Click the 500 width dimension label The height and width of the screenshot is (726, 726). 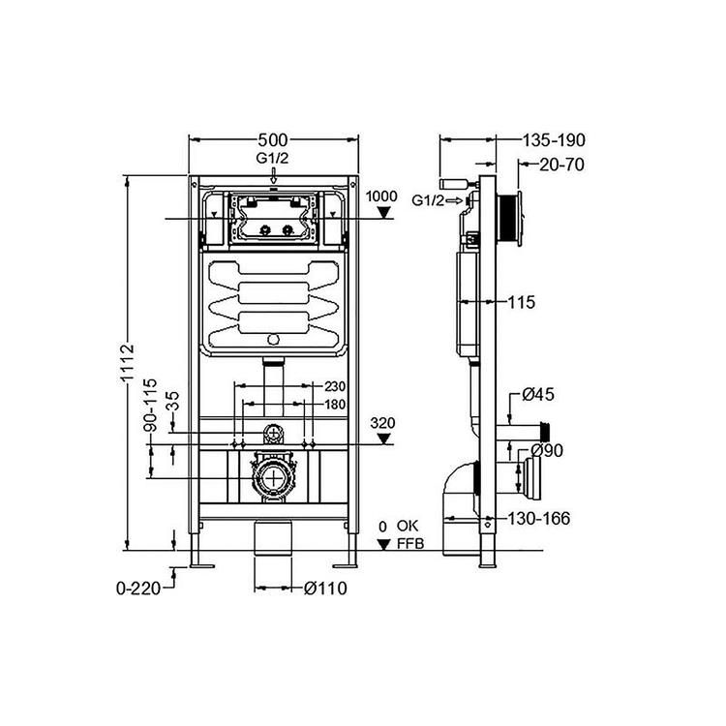coord(273,139)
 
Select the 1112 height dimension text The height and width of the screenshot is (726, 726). coord(127,362)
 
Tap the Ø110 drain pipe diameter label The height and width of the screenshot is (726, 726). coord(325,588)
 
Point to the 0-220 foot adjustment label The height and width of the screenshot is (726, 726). coord(138,589)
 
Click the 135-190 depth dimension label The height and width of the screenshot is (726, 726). coord(554,139)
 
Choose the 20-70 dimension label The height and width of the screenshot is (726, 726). coord(561,165)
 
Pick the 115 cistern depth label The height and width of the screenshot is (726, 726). coord(522,302)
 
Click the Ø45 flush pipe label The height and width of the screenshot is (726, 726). coord(538,395)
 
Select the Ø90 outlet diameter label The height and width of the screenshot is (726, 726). coord(547,450)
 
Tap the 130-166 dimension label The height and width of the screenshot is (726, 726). coord(539,519)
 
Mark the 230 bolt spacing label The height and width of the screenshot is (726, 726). coord(335,385)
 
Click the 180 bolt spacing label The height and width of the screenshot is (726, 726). coord(335,405)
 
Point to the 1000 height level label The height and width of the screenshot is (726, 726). coord(381,196)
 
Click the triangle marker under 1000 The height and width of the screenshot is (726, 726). coord(383,213)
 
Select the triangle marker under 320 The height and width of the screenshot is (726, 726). coord(384,439)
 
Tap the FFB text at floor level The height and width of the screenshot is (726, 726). coord(410,544)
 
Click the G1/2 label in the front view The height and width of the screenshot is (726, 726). coord(272,159)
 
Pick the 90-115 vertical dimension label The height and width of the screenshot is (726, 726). coord(150,406)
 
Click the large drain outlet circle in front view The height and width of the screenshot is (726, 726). coord(274,478)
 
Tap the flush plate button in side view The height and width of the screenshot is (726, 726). coord(520,217)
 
